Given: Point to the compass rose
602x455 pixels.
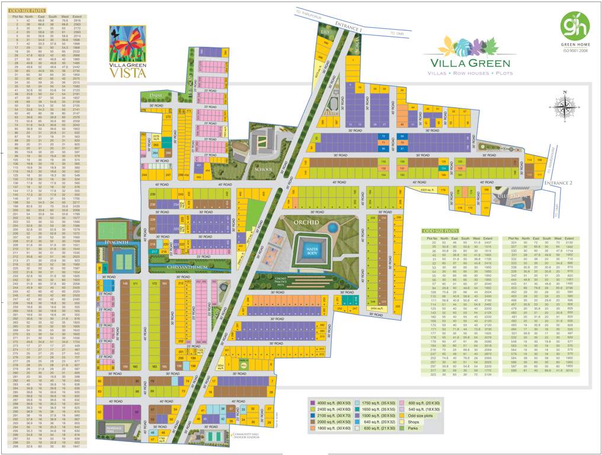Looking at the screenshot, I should (565, 106).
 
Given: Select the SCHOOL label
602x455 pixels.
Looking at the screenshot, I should (262, 169).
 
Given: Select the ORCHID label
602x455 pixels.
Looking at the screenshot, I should (305, 222).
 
